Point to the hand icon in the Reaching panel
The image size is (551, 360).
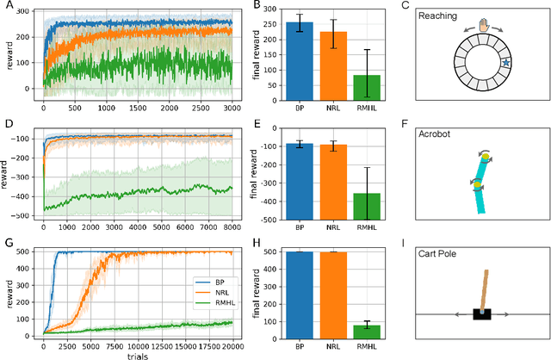point(485,28)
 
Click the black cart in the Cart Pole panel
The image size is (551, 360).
point(482,313)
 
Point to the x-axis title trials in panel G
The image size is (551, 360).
point(138,355)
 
